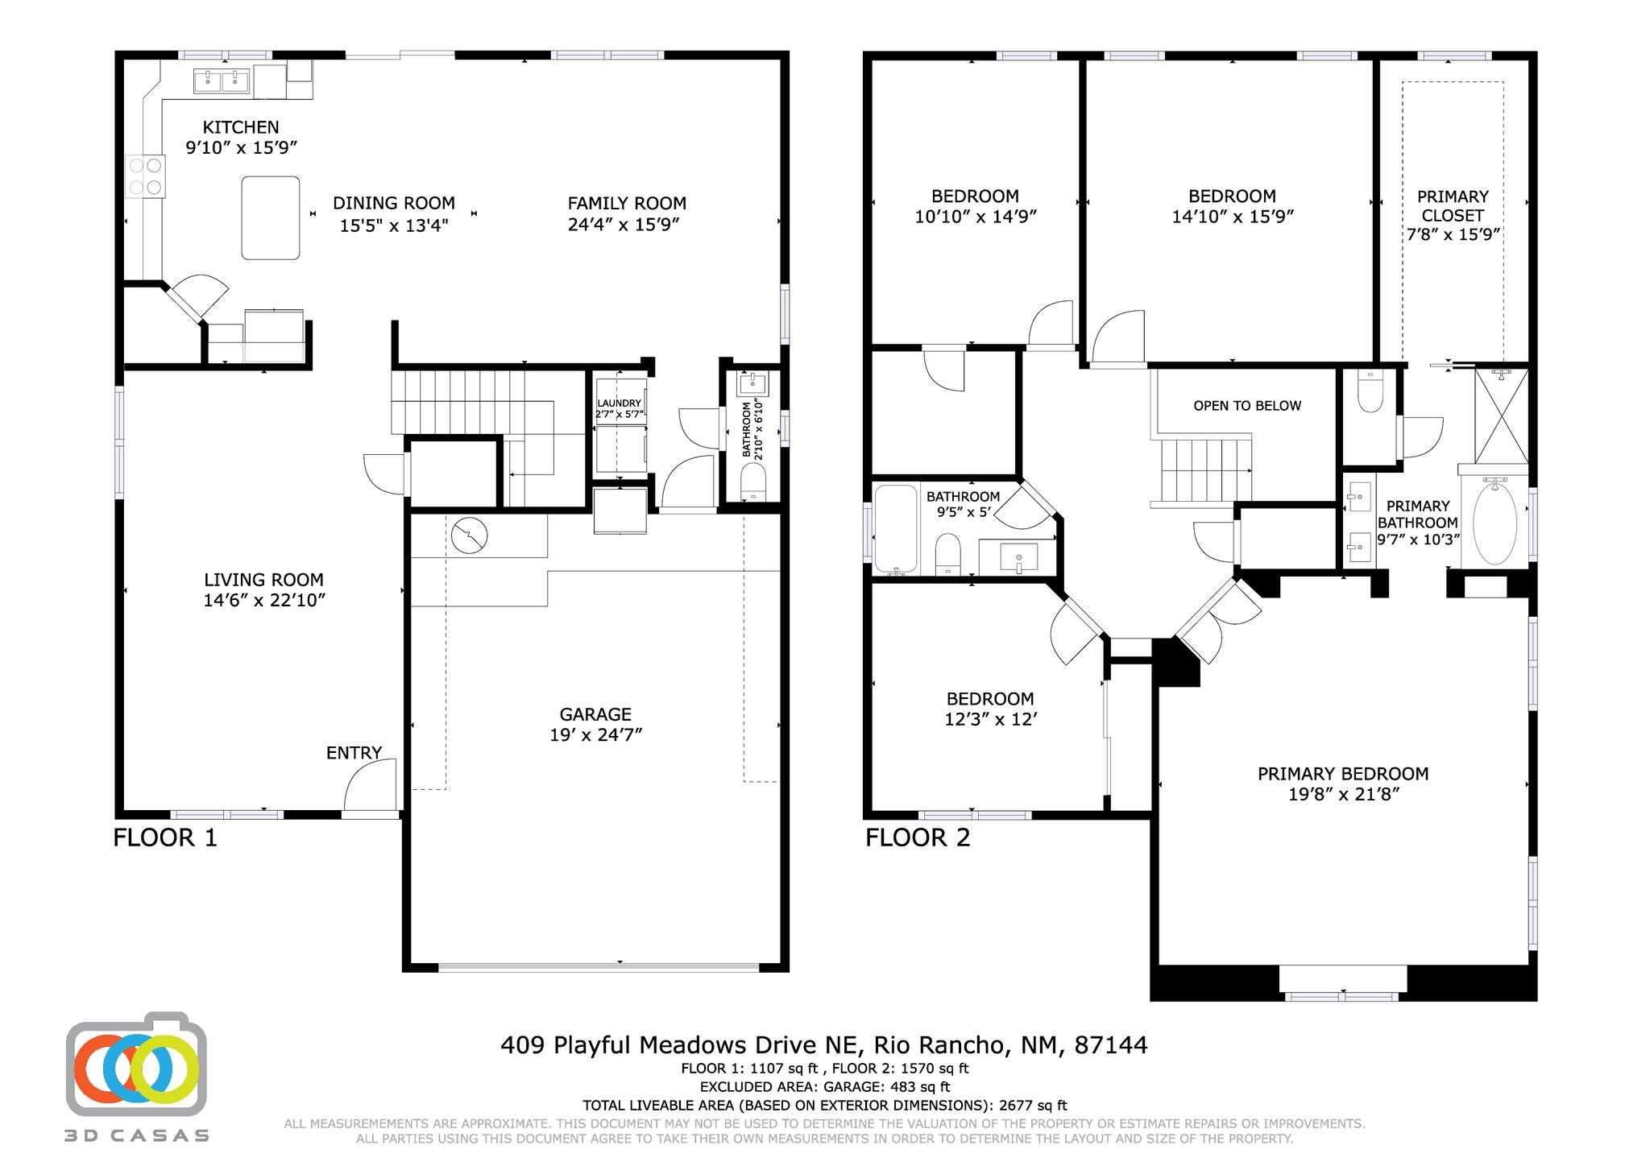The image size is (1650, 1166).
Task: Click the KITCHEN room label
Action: click(240, 127)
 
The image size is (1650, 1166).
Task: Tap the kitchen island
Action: click(271, 217)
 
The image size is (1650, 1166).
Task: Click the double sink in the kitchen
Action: click(221, 81)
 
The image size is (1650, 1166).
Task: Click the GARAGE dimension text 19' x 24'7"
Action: click(595, 734)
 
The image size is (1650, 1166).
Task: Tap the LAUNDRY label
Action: click(619, 403)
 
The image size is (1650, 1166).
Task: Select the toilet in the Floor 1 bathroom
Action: click(753, 486)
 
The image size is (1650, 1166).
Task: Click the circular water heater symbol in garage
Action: click(469, 536)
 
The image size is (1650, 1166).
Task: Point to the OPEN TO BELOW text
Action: click(1246, 406)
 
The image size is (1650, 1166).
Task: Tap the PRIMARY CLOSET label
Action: click(1453, 206)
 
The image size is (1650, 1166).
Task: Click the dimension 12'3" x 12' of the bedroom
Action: click(990, 719)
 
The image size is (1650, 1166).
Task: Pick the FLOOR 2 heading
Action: click(918, 838)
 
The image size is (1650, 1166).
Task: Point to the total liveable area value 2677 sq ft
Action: click(1033, 1106)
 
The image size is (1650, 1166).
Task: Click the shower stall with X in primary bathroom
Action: click(1501, 416)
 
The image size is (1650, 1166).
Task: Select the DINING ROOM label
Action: click(393, 204)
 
